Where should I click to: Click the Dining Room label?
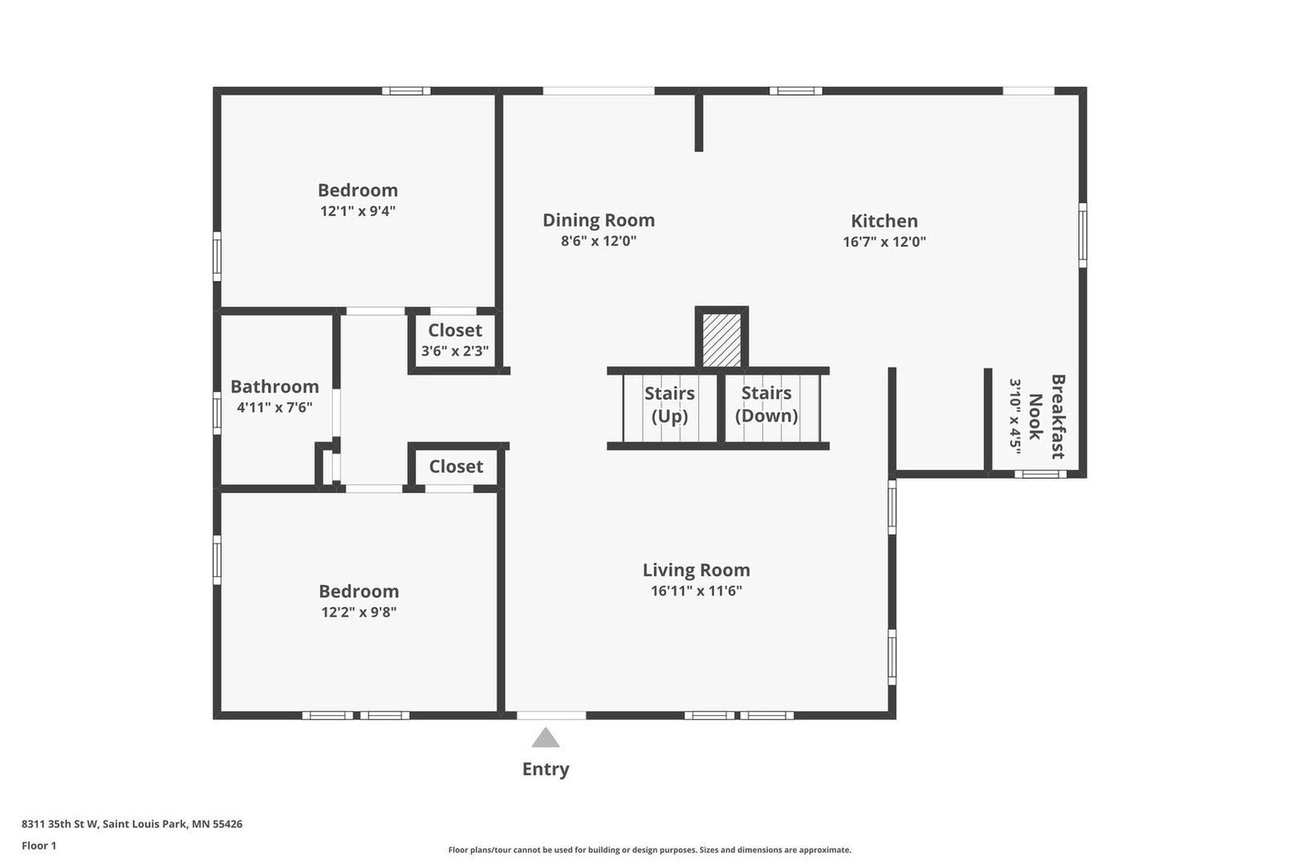tap(598, 220)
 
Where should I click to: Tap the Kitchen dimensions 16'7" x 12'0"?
tap(884, 241)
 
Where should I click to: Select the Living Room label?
tap(695, 570)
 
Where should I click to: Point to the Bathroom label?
tap(275, 387)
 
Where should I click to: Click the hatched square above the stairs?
tap(721, 340)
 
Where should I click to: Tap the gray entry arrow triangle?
tap(545, 738)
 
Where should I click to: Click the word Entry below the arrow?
tap(545, 769)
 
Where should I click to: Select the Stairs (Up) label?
tap(669, 405)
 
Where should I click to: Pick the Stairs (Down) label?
tap(766, 405)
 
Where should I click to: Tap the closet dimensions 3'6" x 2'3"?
tap(455, 351)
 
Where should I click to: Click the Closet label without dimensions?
tap(456, 466)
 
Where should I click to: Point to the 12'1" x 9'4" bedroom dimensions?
tap(357, 210)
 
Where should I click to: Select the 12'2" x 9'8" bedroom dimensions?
tap(358, 612)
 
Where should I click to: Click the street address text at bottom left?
tap(132, 824)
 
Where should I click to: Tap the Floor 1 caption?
tap(39, 846)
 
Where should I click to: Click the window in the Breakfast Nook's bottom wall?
tap(1041, 474)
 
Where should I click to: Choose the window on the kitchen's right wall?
tap(1082, 235)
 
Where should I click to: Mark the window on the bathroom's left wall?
tap(217, 413)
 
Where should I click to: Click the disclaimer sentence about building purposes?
tap(649, 850)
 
